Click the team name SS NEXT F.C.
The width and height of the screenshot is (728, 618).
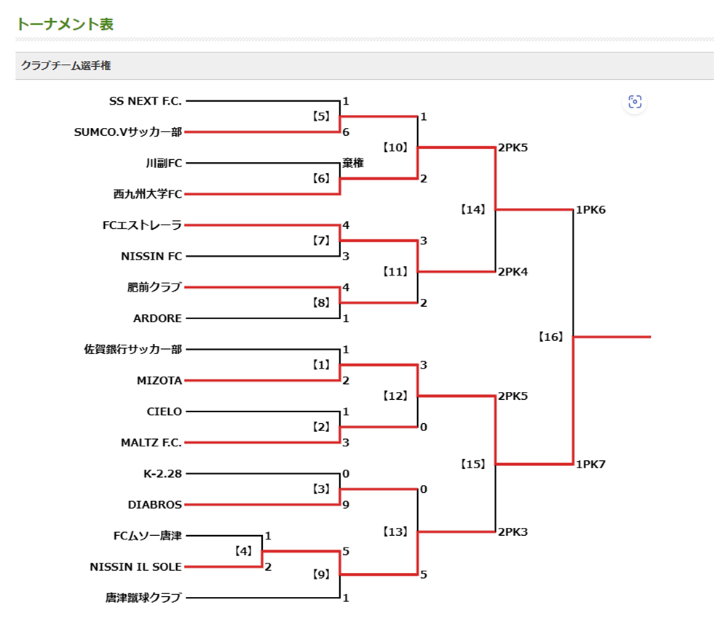click(145, 101)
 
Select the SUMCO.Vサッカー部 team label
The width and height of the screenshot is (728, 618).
click(127, 132)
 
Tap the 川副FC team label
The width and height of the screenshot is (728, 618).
click(164, 164)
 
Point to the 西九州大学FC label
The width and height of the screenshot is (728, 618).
click(148, 194)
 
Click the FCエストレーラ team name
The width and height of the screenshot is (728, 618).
click(142, 225)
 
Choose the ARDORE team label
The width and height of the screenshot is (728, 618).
click(157, 318)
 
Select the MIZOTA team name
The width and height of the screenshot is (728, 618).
click(159, 380)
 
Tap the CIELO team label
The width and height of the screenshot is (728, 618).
click(164, 412)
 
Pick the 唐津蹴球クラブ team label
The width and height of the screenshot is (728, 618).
click(143, 598)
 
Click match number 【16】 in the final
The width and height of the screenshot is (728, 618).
click(551, 337)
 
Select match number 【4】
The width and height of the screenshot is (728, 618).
click(243, 551)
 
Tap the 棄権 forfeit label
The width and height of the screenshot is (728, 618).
click(353, 164)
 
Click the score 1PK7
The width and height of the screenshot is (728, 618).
click(591, 464)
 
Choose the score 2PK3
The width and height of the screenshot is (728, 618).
click(513, 531)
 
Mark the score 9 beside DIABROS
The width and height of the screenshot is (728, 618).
click(346, 505)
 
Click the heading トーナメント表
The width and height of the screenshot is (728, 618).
click(65, 24)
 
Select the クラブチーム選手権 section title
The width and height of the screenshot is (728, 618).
click(66, 65)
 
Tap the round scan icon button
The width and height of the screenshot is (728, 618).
click(635, 102)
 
